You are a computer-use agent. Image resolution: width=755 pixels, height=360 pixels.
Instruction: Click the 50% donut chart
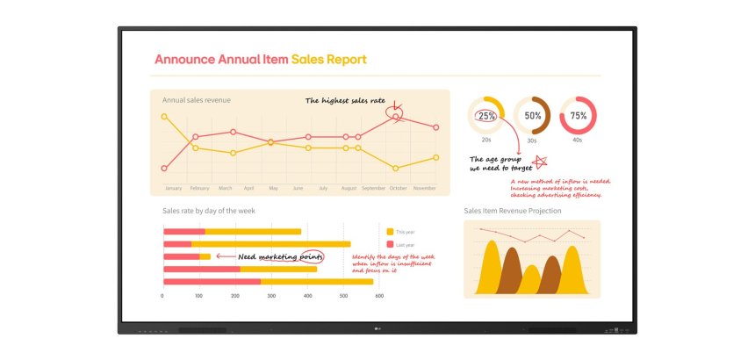533,116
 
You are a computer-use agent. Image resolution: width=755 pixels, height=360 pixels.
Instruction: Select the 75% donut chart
579,116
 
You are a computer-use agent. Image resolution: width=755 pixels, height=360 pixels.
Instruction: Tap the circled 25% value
486,116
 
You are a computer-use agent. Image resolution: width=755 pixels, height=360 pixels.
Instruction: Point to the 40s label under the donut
578,140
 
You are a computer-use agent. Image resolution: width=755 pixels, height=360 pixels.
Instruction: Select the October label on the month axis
398,188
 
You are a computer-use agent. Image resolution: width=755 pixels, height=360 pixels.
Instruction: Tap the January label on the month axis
173,188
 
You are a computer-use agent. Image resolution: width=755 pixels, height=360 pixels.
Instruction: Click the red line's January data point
164,168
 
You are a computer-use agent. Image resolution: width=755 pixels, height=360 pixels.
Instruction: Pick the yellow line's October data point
396,168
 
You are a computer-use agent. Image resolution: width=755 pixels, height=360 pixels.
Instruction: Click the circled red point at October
396,116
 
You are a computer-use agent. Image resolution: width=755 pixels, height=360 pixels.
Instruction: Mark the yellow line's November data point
435,157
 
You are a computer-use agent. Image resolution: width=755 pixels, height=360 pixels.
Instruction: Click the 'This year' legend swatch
390,231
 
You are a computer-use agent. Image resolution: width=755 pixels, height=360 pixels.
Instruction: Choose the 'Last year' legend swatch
390,244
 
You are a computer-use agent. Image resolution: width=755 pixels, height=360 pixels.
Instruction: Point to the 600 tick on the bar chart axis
379,297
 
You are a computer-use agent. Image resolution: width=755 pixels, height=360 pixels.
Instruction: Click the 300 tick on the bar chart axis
270,297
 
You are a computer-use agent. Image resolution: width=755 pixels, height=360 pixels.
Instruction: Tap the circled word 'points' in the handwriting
310,256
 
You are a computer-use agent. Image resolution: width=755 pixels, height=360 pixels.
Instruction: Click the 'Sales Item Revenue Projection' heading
512,211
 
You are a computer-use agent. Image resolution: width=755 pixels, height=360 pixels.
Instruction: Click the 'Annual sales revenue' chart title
197,100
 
